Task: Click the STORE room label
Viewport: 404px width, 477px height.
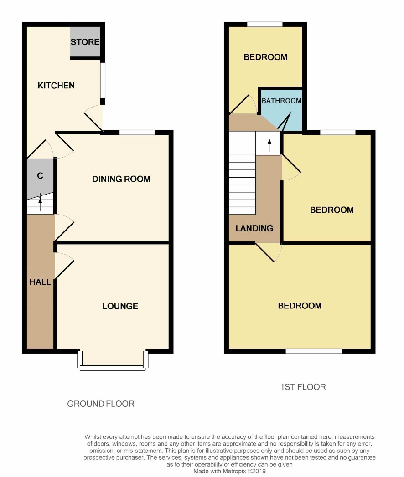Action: pos(85,41)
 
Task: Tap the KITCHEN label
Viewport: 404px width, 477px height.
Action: pos(56,86)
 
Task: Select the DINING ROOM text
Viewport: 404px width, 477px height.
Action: pos(121,179)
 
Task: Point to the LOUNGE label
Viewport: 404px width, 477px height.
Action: pos(120,306)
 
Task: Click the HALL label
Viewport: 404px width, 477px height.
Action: pos(40,282)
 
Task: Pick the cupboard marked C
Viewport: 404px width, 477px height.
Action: pos(40,175)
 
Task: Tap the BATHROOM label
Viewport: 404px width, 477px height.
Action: pos(282,101)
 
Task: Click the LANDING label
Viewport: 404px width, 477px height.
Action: pos(254,228)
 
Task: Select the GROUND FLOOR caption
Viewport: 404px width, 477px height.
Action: pos(101,404)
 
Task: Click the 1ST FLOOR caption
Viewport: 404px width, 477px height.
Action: pos(303,387)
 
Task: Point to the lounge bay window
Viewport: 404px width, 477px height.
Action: pos(113,361)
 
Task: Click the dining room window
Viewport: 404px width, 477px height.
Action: pos(137,132)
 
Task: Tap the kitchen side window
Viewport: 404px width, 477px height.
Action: pos(103,80)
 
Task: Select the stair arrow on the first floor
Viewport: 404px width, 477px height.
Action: pos(269,146)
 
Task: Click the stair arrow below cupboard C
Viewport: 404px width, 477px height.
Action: pos(40,202)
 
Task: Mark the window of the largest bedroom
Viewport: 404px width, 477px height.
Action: pos(314,351)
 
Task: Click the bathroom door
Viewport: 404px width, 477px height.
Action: pos(285,121)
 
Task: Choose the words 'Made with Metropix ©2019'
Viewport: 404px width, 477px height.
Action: pos(229,471)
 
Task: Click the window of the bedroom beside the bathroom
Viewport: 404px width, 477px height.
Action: pos(265,24)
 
